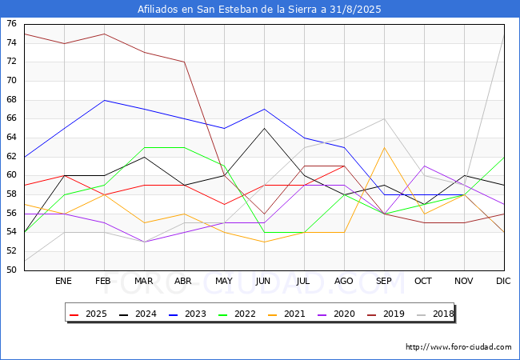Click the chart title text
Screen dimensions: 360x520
coord(259,10)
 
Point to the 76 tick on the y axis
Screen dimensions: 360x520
coord(12,24)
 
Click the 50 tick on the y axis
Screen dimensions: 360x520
coord(12,270)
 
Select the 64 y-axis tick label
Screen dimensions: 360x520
coord(12,138)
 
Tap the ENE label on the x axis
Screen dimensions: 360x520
coord(64,282)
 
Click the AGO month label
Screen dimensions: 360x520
coord(344,282)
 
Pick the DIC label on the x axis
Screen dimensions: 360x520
coord(504,282)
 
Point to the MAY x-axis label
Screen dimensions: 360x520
coord(224,282)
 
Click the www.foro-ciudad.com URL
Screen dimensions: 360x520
coord(458,347)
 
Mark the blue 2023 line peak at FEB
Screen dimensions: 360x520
coord(104,100)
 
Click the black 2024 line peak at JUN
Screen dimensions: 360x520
coord(264,128)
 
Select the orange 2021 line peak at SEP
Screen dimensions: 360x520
coord(384,147)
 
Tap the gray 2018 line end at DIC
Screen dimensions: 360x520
coord(504,34)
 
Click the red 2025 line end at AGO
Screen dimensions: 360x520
coord(344,166)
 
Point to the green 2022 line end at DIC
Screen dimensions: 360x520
coord(504,157)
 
